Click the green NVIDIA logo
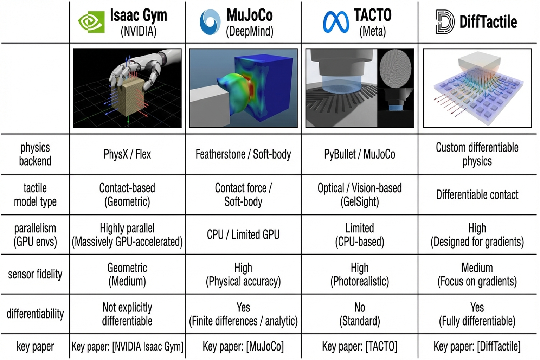pyautogui.click(x=91, y=22)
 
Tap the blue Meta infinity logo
pyautogui.click(x=336, y=22)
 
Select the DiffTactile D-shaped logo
pyautogui.click(x=444, y=22)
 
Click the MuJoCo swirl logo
pyautogui.click(x=210, y=22)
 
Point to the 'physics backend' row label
pyautogui.click(x=35, y=154)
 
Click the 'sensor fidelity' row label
pyautogui.click(x=35, y=274)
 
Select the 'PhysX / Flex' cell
pyautogui.click(x=127, y=154)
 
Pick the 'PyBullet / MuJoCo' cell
pyautogui.click(x=359, y=154)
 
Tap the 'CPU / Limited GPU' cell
pyautogui.click(x=243, y=234)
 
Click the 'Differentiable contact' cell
pyautogui.click(x=477, y=194)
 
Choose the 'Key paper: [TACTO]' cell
pyautogui.click(x=359, y=347)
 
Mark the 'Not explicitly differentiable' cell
pyautogui.click(x=127, y=314)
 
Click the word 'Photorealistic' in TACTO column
pyautogui.click(x=359, y=282)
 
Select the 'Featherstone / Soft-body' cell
pyautogui.click(x=243, y=154)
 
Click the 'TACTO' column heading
pyautogui.click(x=372, y=15)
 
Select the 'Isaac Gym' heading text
pyautogui.click(x=139, y=15)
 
